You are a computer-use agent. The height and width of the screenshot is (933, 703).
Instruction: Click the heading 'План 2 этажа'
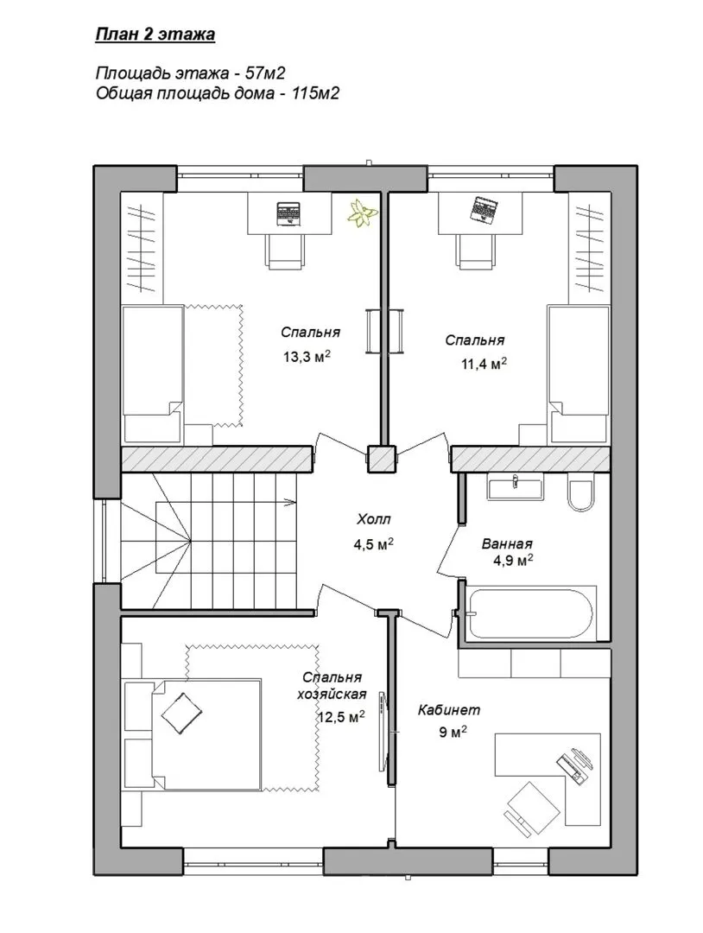pos(155,35)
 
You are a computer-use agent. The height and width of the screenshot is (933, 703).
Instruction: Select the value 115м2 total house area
pos(315,93)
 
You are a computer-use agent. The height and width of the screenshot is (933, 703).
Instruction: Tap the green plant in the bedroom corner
pos(360,213)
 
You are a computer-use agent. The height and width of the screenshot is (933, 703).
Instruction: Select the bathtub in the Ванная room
pos(530,612)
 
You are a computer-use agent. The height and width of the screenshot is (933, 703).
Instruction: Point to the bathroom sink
pos(515,486)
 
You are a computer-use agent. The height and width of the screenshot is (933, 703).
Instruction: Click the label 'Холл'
pos(373,519)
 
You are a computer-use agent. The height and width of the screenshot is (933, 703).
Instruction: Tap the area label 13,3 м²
pos(307,357)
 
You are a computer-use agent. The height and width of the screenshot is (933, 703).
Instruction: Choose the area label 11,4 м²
pos(484,364)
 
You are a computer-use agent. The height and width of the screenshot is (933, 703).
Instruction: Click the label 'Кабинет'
pos(449,710)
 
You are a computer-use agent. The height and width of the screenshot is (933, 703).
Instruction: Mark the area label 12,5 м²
pos(341,717)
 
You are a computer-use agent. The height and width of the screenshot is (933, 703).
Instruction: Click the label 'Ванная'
pos(507,543)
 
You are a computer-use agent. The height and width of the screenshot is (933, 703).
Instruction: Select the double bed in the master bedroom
pos(193,734)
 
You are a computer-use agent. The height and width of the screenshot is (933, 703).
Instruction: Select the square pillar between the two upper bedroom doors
pos(381,459)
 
